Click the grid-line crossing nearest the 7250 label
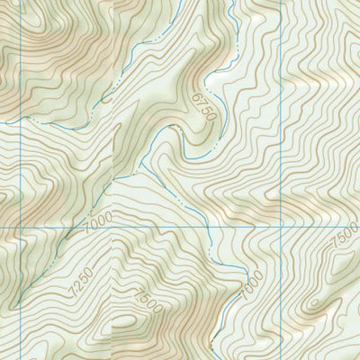tap(112, 227)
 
